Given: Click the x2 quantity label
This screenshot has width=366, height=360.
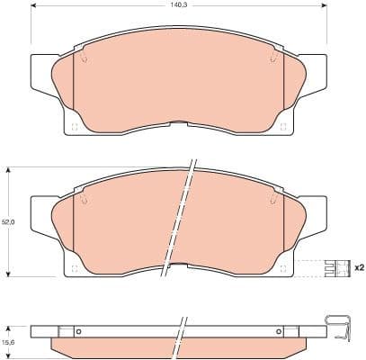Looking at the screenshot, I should click(x=358, y=267).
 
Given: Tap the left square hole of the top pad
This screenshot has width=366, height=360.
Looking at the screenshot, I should click(x=75, y=126).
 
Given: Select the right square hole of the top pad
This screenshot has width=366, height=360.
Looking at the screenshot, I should click(x=283, y=126).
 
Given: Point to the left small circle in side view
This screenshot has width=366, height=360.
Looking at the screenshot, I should click(x=78, y=331).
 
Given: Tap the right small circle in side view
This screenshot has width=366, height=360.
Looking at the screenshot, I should click(x=280, y=331).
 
